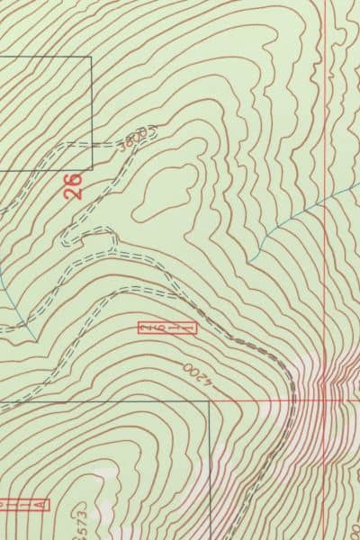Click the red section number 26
[74, 186]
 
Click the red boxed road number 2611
[166, 328]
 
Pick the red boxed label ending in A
[22, 504]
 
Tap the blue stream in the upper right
[297, 216]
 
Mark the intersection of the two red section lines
[325, 400]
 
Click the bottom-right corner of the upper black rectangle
[91, 170]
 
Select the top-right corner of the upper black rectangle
[91, 57]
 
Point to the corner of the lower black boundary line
[209, 401]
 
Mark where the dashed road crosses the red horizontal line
[293, 400]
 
